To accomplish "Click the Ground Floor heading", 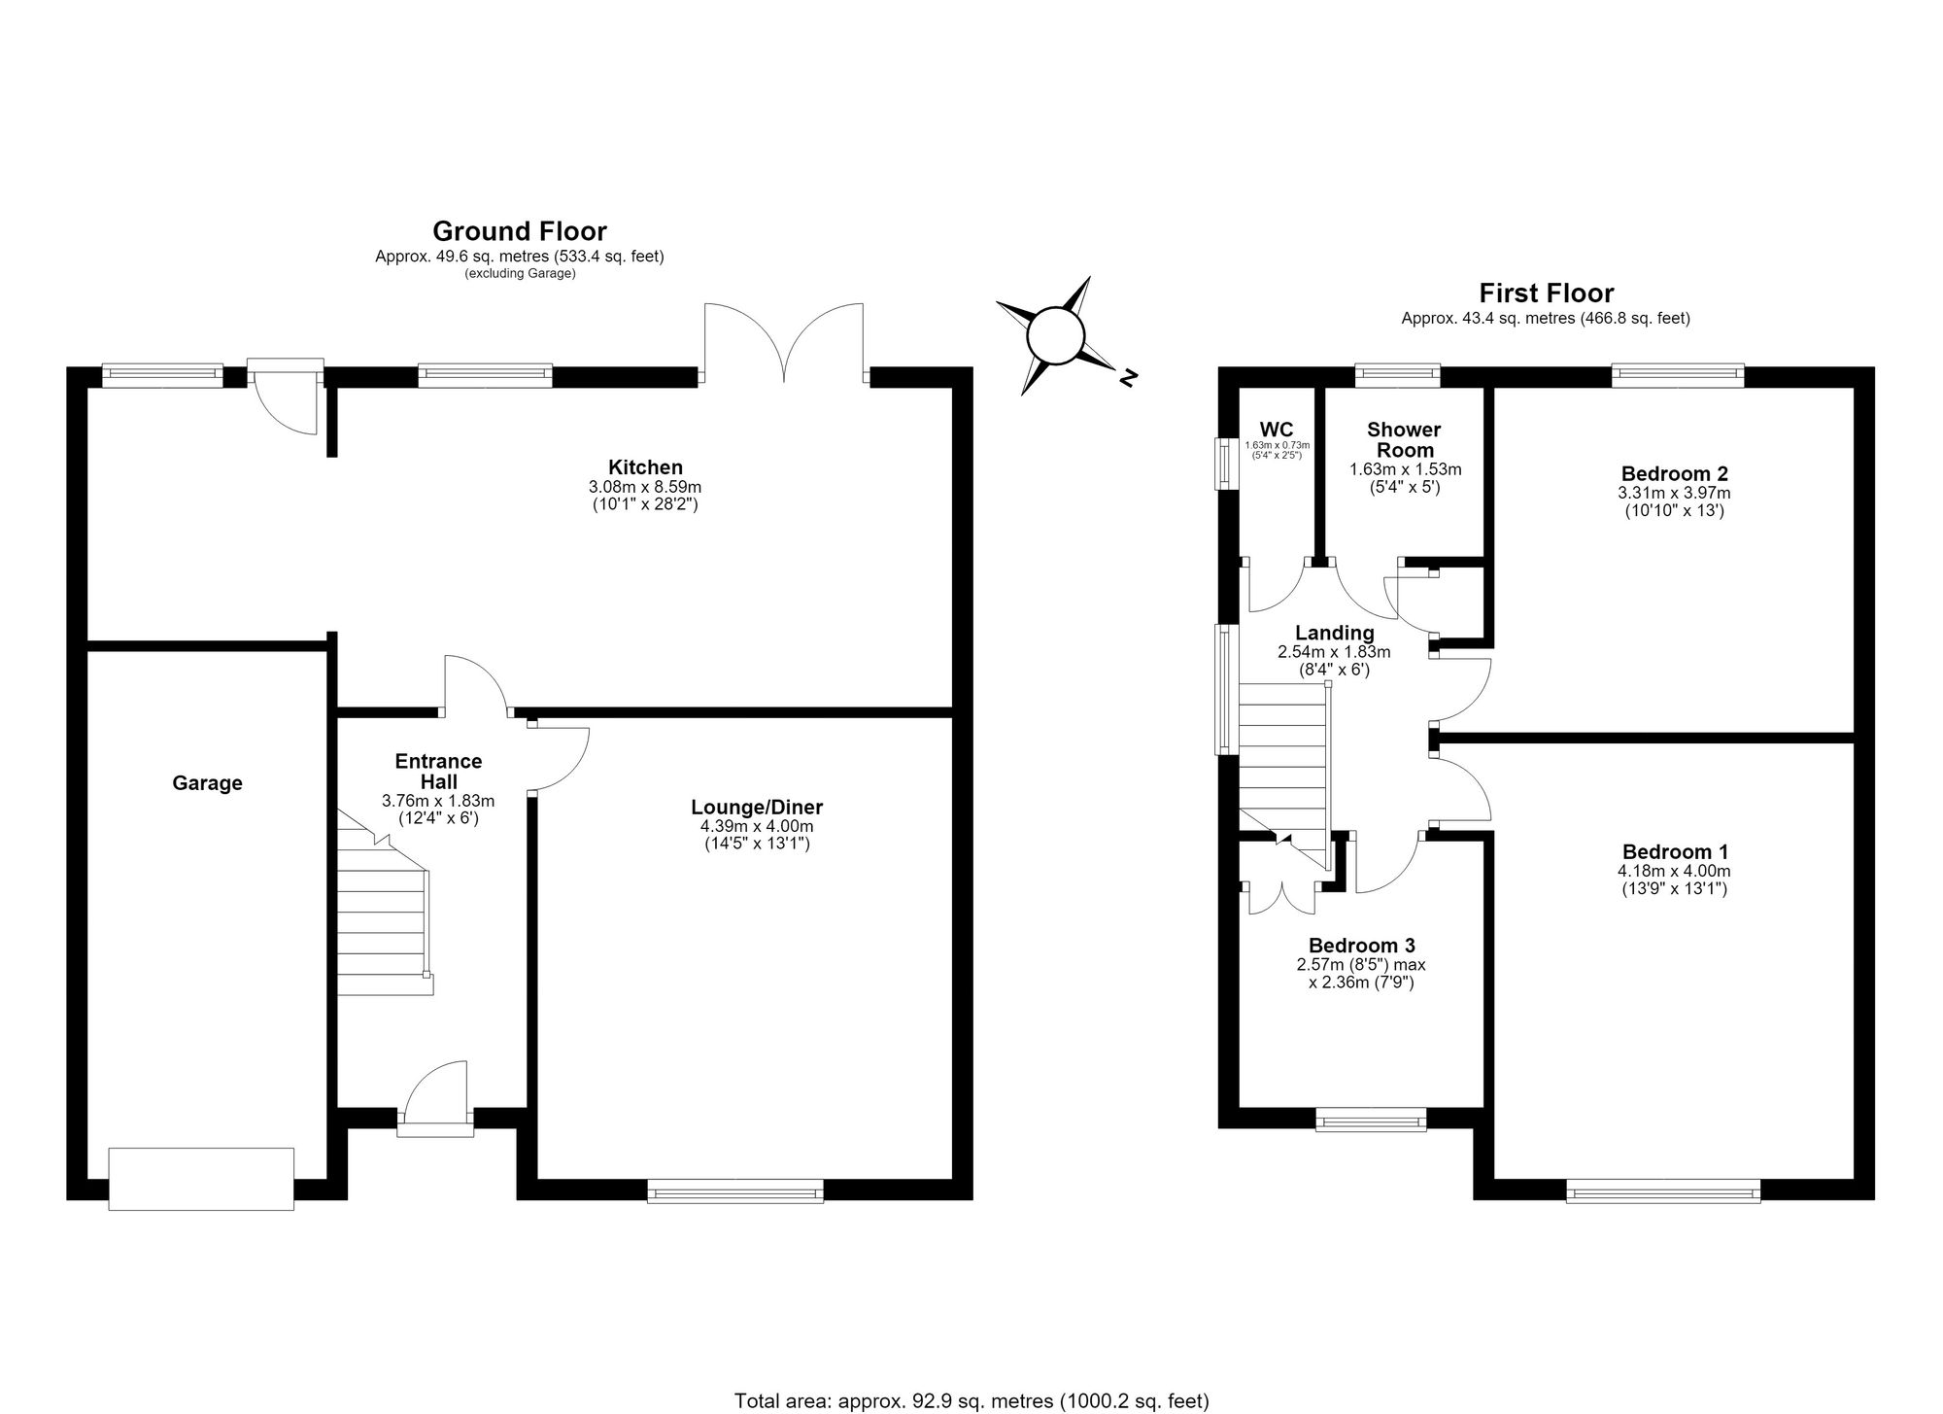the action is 520,231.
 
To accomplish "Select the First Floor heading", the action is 1547,293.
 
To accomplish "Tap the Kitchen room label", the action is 645,467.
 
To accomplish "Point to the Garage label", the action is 207,783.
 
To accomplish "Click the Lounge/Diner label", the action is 757,808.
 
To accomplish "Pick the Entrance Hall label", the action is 438,772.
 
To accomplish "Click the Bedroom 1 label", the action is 1675,852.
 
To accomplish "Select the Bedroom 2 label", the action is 1675,474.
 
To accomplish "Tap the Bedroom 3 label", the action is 1361,946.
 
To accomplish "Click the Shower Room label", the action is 1405,439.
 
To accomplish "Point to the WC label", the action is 1277,430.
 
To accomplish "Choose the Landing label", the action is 1334,634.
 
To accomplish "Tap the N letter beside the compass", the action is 1128,378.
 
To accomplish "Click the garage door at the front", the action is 201,1179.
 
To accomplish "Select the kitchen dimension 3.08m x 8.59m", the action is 645,487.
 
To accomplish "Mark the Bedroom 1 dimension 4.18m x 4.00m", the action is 1674,872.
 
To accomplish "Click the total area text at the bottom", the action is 971,1401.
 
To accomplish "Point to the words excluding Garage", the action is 520,274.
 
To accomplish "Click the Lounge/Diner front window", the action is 735,1190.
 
